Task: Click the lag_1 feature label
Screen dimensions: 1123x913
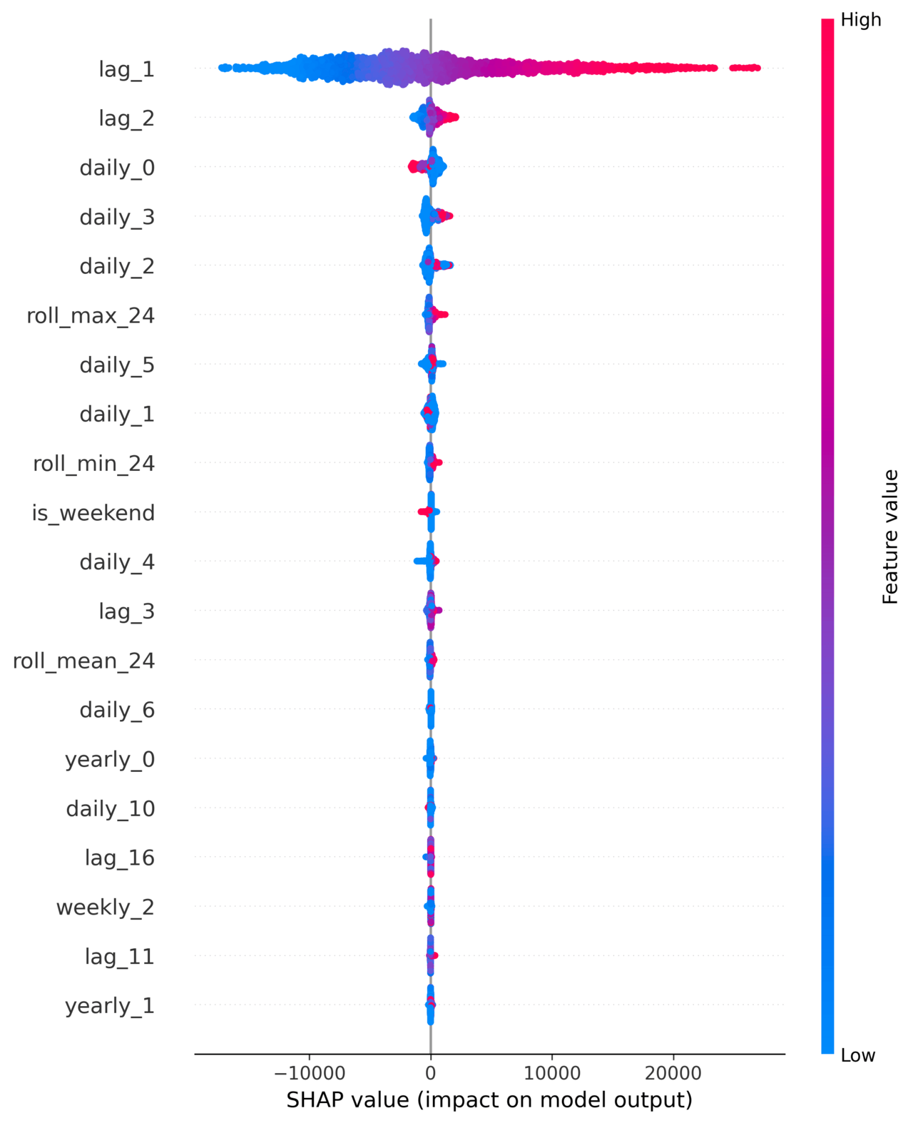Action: [x=126, y=69]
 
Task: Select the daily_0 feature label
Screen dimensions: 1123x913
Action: [x=117, y=168]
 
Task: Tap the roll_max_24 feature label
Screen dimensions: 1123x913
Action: [x=91, y=315]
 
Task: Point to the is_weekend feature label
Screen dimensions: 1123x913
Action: [x=93, y=513]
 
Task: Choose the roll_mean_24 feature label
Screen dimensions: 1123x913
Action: [x=83, y=661]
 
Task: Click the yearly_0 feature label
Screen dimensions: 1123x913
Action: [x=110, y=759]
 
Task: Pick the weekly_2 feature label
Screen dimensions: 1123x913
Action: [x=105, y=907]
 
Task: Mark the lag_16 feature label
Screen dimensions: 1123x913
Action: [x=119, y=858]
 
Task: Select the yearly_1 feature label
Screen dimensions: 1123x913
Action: [x=110, y=1005]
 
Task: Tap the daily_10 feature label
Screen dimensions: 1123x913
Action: [x=110, y=808]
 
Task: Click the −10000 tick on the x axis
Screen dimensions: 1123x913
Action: [x=309, y=1072]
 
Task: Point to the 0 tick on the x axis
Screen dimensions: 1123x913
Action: [x=430, y=1072]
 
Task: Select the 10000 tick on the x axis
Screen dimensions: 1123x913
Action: [x=551, y=1072]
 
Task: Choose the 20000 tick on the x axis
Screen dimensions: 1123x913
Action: [x=672, y=1072]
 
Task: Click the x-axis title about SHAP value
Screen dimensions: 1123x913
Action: [x=489, y=1099]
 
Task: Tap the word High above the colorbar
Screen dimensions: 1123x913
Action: [x=861, y=20]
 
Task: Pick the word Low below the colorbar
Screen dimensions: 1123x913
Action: [x=857, y=1055]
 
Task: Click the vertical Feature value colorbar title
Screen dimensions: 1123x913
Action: [x=890, y=537]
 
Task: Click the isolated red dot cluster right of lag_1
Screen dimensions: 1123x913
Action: [x=745, y=68]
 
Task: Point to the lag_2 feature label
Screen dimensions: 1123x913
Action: [x=126, y=118]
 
